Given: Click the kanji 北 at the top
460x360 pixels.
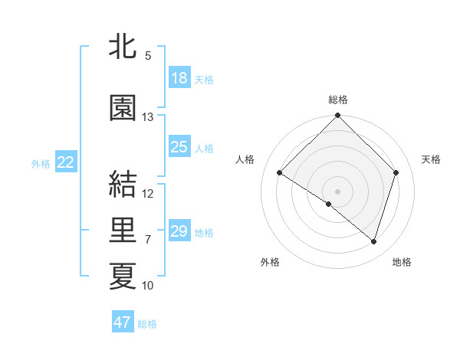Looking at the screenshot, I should [123, 48].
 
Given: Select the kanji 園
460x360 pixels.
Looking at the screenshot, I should [123, 109].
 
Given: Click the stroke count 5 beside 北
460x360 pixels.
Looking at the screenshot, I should [148, 56].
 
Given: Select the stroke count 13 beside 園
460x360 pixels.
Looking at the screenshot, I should [148, 117].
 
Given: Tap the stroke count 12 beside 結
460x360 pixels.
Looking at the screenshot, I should [148, 193].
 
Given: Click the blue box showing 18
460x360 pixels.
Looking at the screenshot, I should [179, 78].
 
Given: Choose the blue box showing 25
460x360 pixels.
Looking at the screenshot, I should [179, 147].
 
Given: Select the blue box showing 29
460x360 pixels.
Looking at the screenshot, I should [179, 231].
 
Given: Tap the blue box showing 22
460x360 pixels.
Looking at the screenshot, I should [66, 162].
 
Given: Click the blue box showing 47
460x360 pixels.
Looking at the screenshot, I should [123, 322].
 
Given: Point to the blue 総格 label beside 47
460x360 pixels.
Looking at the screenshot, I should [147, 324].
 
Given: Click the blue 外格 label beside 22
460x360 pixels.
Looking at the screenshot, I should [41, 163].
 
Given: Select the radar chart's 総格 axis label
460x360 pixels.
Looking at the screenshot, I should [337, 100].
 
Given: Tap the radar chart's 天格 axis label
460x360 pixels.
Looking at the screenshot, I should [431, 159].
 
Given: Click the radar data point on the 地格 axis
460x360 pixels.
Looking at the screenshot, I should [374, 241].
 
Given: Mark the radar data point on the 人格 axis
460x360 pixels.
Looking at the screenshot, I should [280, 172].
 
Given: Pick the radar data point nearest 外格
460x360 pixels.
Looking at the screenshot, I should [329, 204].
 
